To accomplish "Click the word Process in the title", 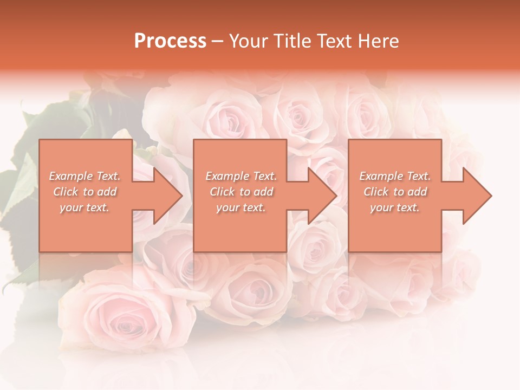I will coord(170,41).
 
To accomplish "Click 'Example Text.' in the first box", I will coord(85,176).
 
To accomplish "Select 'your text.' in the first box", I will coord(85,207).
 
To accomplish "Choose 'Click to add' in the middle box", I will coord(240,192).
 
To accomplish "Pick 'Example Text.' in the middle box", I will coord(240,176).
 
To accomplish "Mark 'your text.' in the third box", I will coord(395,207).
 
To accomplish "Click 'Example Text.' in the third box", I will coord(395,176).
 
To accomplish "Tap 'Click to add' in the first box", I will coord(85,192).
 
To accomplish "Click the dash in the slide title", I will coord(218,41).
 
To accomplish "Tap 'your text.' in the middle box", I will coord(240,207).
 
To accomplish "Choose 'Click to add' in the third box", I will coord(395,192).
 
